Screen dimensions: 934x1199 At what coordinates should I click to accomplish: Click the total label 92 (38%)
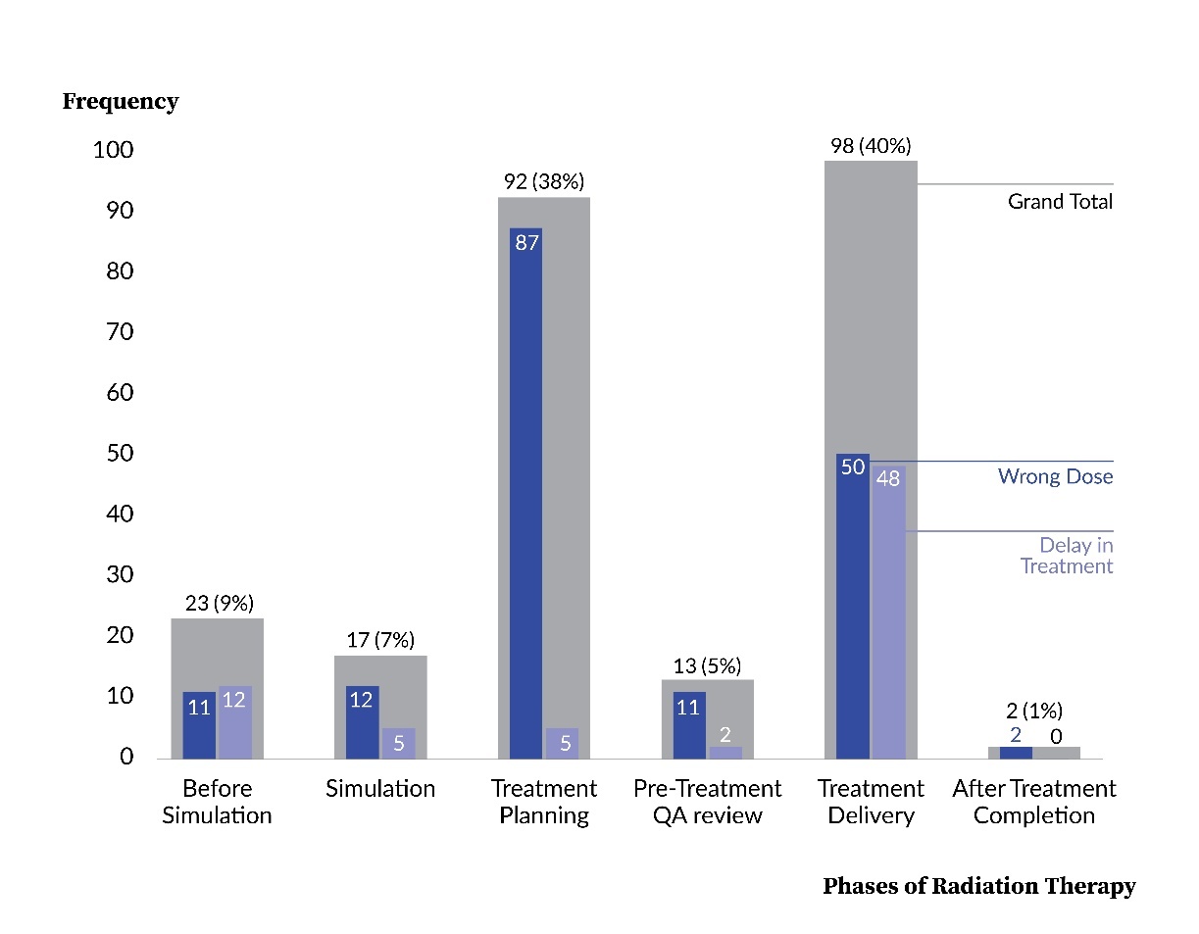click(x=543, y=181)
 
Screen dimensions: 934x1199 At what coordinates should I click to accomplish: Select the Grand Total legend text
click(x=1060, y=202)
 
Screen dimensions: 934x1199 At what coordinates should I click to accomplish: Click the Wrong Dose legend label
click(x=1055, y=476)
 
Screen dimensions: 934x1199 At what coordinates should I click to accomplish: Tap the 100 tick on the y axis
click(x=114, y=150)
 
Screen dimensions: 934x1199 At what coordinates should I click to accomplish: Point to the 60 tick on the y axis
click(x=121, y=393)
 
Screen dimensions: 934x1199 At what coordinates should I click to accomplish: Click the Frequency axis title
click(x=121, y=101)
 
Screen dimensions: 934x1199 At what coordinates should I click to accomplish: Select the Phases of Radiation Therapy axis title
click(x=978, y=886)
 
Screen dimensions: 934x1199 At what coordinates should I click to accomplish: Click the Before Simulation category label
click(x=217, y=802)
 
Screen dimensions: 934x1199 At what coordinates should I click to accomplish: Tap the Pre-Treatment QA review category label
click(x=707, y=802)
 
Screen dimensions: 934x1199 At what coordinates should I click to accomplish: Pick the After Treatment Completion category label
click(x=1033, y=802)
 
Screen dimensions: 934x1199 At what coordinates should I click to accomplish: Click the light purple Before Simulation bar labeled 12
click(x=235, y=722)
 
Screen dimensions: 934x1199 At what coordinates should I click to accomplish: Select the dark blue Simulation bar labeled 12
click(x=363, y=722)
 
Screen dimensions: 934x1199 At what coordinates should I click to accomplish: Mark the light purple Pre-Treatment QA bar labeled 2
click(x=725, y=752)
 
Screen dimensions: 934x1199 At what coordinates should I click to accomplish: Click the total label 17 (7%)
click(x=380, y=641)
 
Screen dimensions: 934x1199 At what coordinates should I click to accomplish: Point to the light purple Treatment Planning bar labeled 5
click(x=562, y=743)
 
